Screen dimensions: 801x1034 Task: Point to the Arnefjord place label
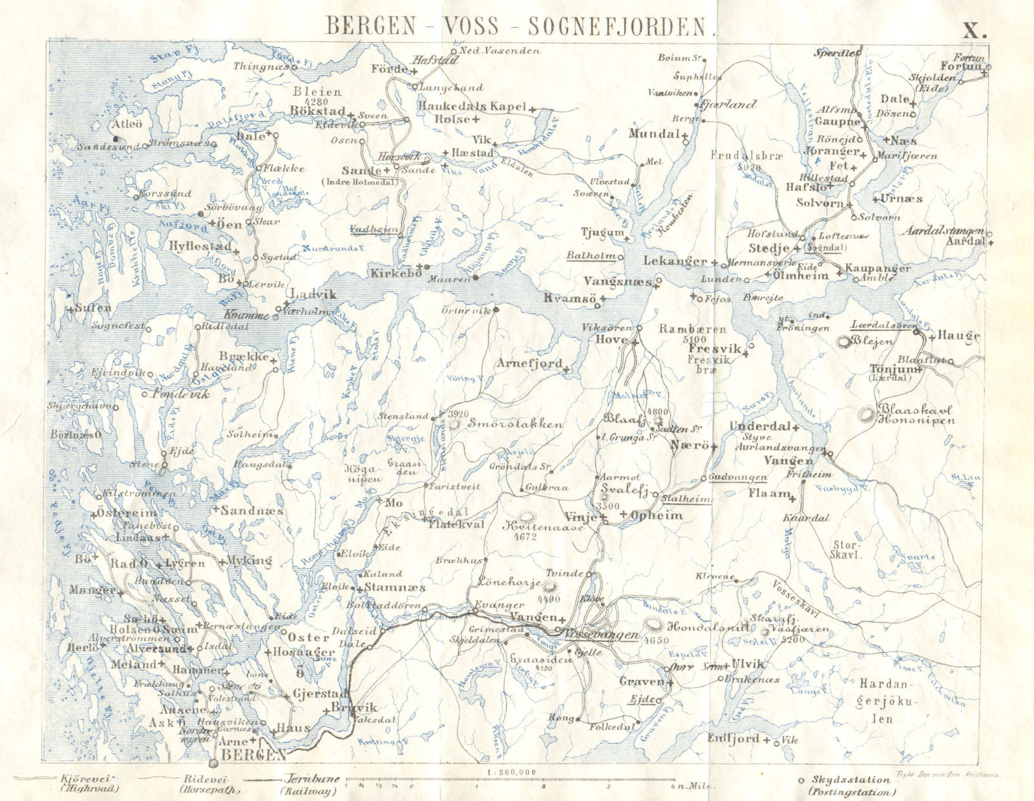[529, 364]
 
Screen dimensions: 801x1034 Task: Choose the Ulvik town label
[748, 664]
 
